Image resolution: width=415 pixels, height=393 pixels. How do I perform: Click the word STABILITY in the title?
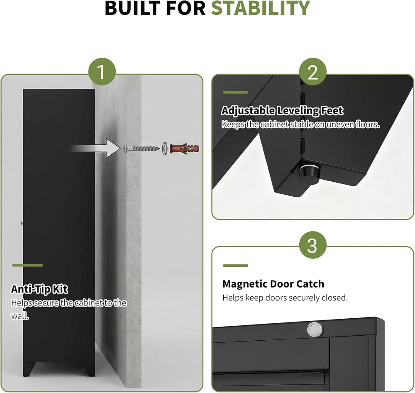point(261,8)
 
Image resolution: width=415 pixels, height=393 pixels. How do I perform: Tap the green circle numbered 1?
point(102,71)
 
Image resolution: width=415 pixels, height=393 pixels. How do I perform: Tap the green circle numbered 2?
point(313,71)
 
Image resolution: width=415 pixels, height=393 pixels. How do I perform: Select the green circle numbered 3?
point(312,245)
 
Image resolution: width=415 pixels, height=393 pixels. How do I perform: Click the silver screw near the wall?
point(142,149)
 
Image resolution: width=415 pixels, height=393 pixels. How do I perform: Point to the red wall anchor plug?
point(184,149)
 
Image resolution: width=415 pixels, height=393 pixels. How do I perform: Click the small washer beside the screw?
point(165,149)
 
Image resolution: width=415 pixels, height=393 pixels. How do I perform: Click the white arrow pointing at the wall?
point(95,148)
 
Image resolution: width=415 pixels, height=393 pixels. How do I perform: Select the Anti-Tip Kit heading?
point(39,289)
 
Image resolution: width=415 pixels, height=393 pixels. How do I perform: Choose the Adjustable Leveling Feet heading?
point(282,111)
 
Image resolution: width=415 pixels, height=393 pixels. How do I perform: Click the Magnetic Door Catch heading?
point(273,284)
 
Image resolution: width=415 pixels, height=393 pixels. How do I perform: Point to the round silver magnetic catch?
point(315,330)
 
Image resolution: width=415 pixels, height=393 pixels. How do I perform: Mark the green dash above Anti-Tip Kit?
point(27,265)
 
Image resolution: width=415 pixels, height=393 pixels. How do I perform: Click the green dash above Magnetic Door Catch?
point(236,266)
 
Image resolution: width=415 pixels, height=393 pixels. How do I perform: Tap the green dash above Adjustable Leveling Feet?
point(236,93)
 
